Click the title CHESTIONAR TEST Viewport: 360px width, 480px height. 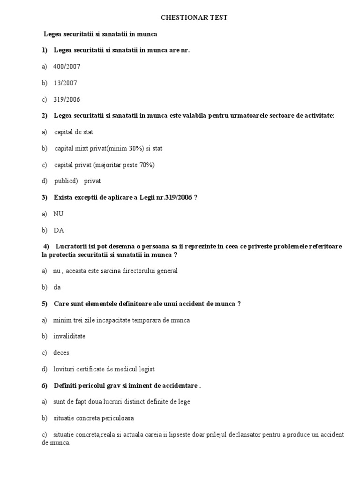(194, 17)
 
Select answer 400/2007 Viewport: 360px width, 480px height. (67, 67)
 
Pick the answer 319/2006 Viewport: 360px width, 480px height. (67, 99)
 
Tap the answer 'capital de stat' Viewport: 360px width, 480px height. (74, 132)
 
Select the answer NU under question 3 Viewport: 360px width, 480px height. (59, 214)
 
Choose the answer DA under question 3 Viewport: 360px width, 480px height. (59, 230)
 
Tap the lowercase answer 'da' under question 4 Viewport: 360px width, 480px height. (57, 287)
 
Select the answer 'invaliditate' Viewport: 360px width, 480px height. (69, 337)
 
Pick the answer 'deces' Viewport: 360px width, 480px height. (61, 352)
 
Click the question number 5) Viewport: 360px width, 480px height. (45, 304)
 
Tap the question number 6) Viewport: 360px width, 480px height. (45, 386)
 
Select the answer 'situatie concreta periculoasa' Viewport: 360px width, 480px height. (94, 418)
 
